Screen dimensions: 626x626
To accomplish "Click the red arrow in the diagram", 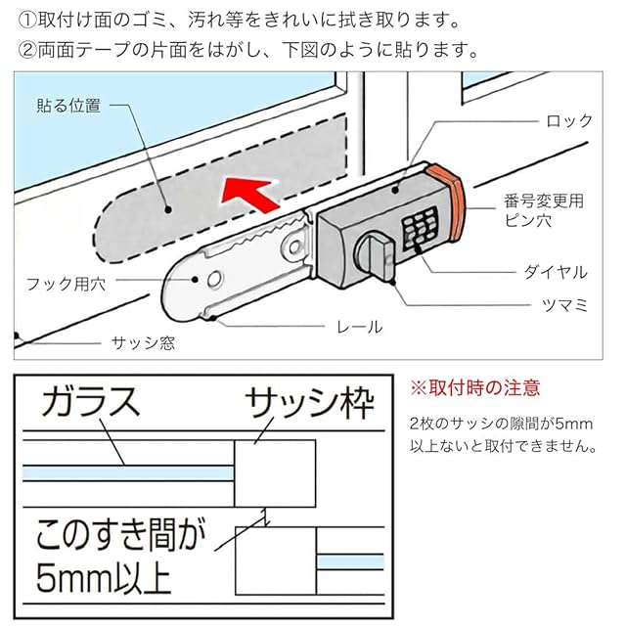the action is coord(249,195).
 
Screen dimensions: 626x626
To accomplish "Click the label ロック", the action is coord(569,121).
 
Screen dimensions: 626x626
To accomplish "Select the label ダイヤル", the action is coord(556,272).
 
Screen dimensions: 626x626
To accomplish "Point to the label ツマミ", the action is coord(565,305).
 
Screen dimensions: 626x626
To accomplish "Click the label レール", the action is coord(359,328).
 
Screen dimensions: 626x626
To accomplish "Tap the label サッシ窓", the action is coord(143,343).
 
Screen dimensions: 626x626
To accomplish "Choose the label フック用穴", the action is coord(67,285).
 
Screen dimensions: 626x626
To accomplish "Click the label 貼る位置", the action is coord(68,106).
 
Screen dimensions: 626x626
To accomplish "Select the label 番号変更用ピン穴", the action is coord(544,210).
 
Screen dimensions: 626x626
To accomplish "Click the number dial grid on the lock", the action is coord(420,229).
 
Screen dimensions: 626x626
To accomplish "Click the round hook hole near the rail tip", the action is coord(215,279).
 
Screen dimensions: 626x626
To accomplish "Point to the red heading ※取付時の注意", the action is coord(475,388).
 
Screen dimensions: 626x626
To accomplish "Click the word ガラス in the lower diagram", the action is coord(91,402).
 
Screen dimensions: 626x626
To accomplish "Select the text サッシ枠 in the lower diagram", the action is coord(309,403).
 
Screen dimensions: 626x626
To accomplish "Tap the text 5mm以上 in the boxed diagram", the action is coord(104,578).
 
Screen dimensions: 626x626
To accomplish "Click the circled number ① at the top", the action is coord(28,21).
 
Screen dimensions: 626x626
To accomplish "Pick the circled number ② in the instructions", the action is coord(28,50).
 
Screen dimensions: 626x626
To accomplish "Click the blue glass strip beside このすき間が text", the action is coord(350,561).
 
